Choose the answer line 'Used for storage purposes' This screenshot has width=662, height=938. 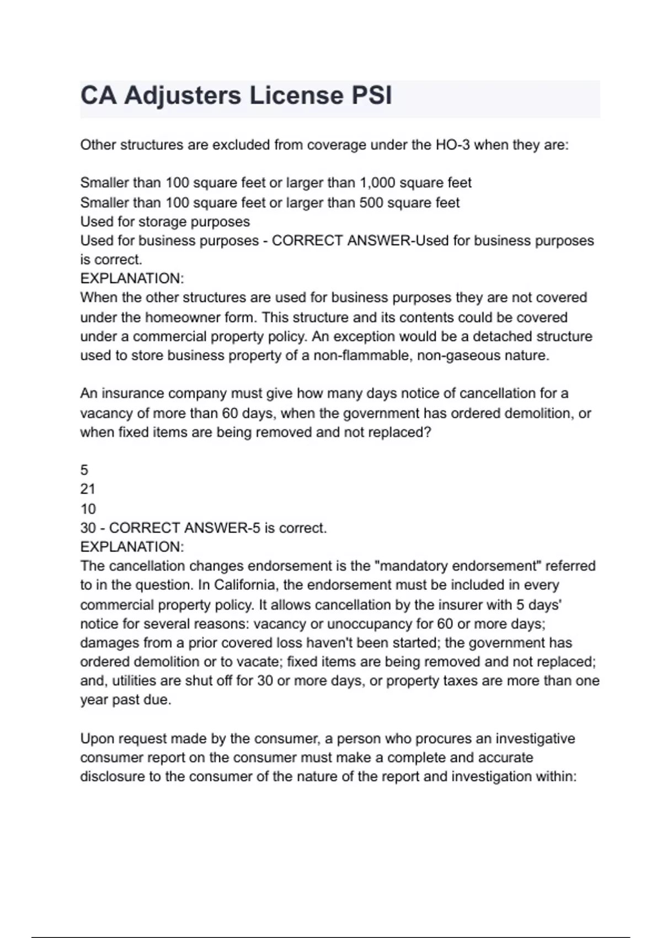(165, 222)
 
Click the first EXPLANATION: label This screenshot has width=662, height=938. (132, 278)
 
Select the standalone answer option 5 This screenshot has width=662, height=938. (84, 470)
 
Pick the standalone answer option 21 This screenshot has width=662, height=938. (88, 489)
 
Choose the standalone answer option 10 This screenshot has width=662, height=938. (88, 509)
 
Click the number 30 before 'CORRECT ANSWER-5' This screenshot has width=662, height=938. (88, 528)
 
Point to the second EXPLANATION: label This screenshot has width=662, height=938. (132, 547)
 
